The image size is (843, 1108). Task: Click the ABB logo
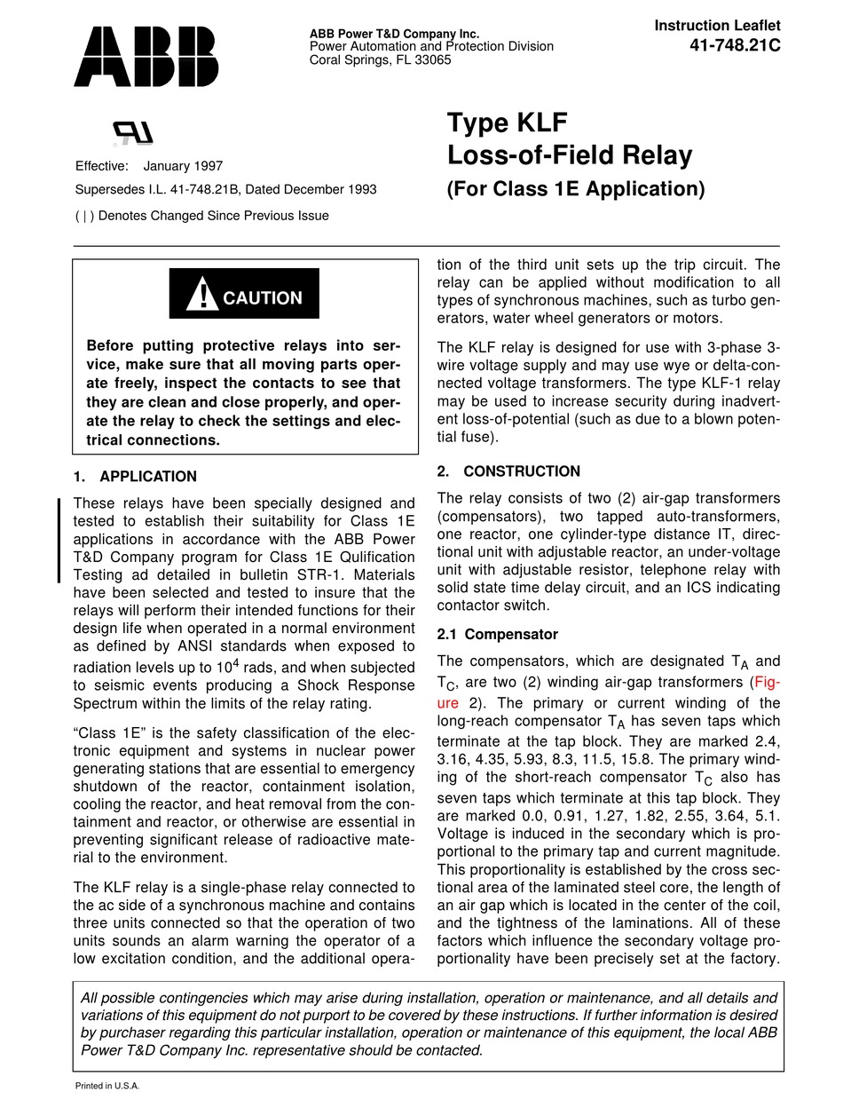coord(146,56)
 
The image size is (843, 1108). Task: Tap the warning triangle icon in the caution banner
coord(202,295)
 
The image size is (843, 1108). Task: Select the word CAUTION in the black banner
coord(262,298)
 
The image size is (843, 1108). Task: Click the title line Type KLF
coord(506,123)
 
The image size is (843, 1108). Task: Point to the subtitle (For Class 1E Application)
coord(575,188)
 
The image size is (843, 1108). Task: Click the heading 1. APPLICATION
coord(135,477)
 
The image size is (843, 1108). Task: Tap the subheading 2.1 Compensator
coord(498,634)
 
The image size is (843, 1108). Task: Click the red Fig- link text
coord(766,683)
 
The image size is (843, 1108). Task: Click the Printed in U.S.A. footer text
coord(106,1086)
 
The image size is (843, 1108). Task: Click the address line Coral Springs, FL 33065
coord(380,59)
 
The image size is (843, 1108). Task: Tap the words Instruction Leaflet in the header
coord(717,27)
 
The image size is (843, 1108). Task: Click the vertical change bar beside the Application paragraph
coord(59,540)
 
